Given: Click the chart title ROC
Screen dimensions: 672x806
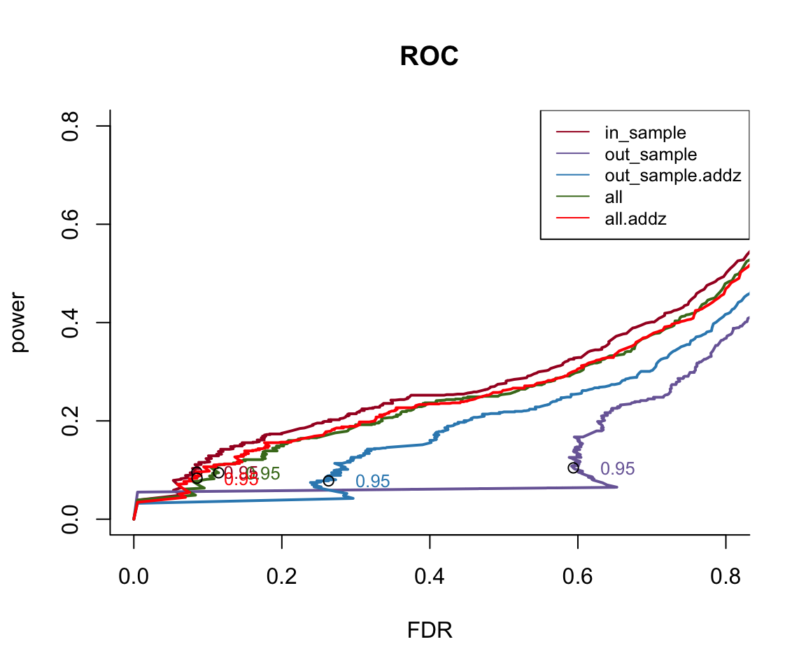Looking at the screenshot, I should [x=429, y=57].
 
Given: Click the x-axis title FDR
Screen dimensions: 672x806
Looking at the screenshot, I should [x=430, y=631].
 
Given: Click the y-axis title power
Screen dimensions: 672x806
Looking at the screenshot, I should [x=20, y=322].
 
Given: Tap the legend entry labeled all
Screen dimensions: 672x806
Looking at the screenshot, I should [x=614, y=198].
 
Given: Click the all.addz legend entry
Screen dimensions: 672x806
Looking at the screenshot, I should [x=635, y=220].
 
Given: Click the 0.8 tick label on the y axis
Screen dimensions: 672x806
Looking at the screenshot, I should [x=69, y=126].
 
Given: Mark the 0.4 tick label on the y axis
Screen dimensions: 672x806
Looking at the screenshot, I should [x=69, y=323].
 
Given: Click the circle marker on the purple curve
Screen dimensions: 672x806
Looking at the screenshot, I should [x=574, y=468].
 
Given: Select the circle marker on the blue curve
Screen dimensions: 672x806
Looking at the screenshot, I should [x=328, y=481].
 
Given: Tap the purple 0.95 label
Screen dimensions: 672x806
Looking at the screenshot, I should [x=617, y=469].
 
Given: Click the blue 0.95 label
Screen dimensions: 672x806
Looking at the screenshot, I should [x=372, y=482].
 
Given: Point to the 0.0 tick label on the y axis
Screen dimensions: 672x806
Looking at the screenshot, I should [x=69, y=519].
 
